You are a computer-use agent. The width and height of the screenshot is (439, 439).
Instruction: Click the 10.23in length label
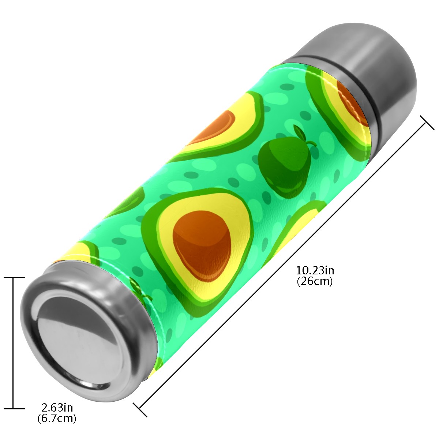coord(315,271)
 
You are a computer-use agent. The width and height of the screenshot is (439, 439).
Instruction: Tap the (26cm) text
coord(315,282)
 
